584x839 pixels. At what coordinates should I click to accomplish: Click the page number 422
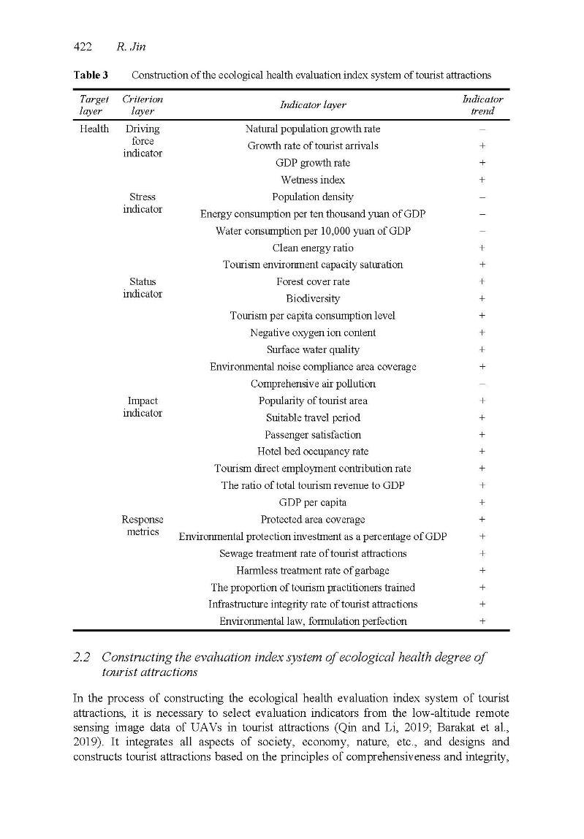pos(83,47)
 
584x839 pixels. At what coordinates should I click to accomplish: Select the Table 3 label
pos(90,75)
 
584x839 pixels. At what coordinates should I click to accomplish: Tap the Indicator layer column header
pos(313,105)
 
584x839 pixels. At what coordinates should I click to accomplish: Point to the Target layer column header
pos(94,105)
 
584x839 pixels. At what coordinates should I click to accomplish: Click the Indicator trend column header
pos(482,105)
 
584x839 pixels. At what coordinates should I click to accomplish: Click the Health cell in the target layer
pos(94,129)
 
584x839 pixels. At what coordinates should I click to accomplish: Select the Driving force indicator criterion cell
pos(143,141)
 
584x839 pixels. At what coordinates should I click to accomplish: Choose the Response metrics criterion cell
pos(143,525)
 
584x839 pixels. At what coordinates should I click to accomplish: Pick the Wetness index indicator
pos(313,180)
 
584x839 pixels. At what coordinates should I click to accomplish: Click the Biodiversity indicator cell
pos(313,299)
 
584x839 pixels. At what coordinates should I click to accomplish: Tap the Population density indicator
pos(313,197)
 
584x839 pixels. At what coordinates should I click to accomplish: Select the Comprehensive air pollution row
pos(313,384)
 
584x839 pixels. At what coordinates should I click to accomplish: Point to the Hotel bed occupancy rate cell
pos(313,452)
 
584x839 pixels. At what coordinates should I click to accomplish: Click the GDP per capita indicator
pos(313,503)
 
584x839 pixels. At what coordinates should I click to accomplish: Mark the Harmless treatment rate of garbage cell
pos(313,571)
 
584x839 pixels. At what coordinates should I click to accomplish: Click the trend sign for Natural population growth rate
pos(482,129)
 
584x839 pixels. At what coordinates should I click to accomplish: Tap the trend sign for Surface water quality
pos(482,350)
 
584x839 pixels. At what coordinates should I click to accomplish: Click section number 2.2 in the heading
pos(82,658)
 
